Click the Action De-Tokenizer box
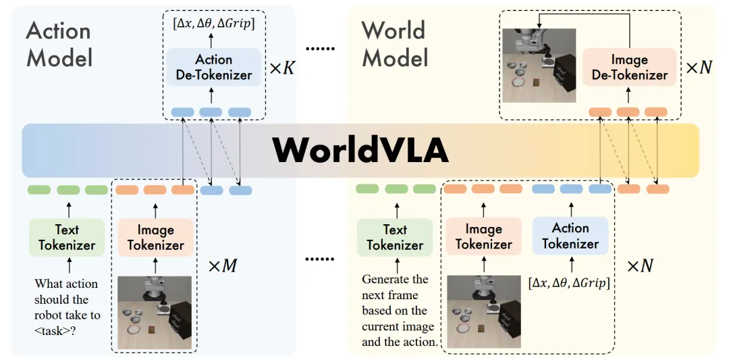(214, 68)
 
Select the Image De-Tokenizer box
(630, 66)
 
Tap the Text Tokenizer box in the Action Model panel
(67, 237)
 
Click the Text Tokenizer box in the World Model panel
(395, 237)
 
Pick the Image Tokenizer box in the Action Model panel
(156, 237)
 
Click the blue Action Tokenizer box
(570, 236)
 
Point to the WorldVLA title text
(360, 150)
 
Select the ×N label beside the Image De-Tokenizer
(699, 68)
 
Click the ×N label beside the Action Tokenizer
(640, 265)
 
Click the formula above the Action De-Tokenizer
(214, 24)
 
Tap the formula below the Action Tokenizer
(570, 282)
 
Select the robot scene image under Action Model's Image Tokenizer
(155, 312)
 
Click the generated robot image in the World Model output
(539, 65)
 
